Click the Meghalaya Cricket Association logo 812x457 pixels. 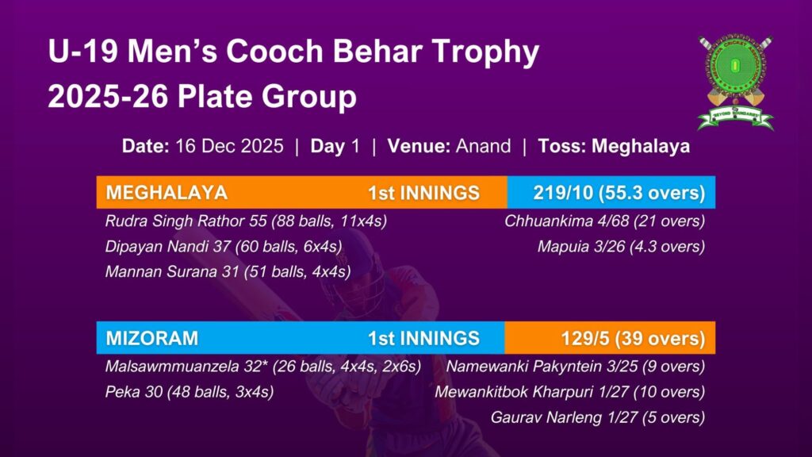[x=735, y=83]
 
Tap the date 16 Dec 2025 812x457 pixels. [x=229, y=146]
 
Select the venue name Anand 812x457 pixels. [x=483, y=146]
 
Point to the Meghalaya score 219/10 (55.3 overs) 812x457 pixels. [x=619, y=193]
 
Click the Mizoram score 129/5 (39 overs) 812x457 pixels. [x=633, y=338]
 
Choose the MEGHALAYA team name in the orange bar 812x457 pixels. [x=167, y=193]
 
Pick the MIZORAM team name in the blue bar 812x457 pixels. [x=151, y=338]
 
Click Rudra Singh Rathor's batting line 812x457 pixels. [x=246, y=221]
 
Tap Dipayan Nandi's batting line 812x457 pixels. [x=223, y=247]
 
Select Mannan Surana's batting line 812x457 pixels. [x=228, y=271]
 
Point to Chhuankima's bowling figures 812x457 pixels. [x=604, y=221]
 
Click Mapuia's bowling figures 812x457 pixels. [x=621, y=247]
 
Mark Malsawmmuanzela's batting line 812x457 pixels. [x=263, y=367]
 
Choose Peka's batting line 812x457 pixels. [x=189, y=392]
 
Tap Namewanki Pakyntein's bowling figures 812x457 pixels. [x=576, y=367]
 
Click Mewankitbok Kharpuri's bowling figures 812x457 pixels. [x=569, y=392]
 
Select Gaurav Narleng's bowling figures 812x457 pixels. [x=598, y=417]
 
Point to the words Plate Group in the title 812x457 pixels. [x=267, y=97]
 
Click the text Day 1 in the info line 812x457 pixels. [x=335, y=146]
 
